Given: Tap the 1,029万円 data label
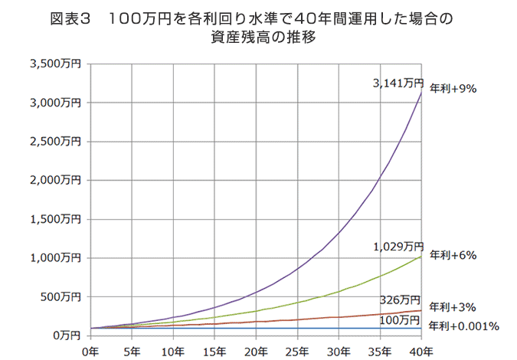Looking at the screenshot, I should (398, 247).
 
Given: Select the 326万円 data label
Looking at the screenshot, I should (400, 299).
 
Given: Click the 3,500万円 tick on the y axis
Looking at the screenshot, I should (56, 64).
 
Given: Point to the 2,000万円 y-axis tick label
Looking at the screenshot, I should (56, 181).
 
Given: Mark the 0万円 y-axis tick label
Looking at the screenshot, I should (68, 335).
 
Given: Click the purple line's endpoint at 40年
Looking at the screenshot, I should (420, 93).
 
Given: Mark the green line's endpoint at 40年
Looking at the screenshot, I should (420, 257).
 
